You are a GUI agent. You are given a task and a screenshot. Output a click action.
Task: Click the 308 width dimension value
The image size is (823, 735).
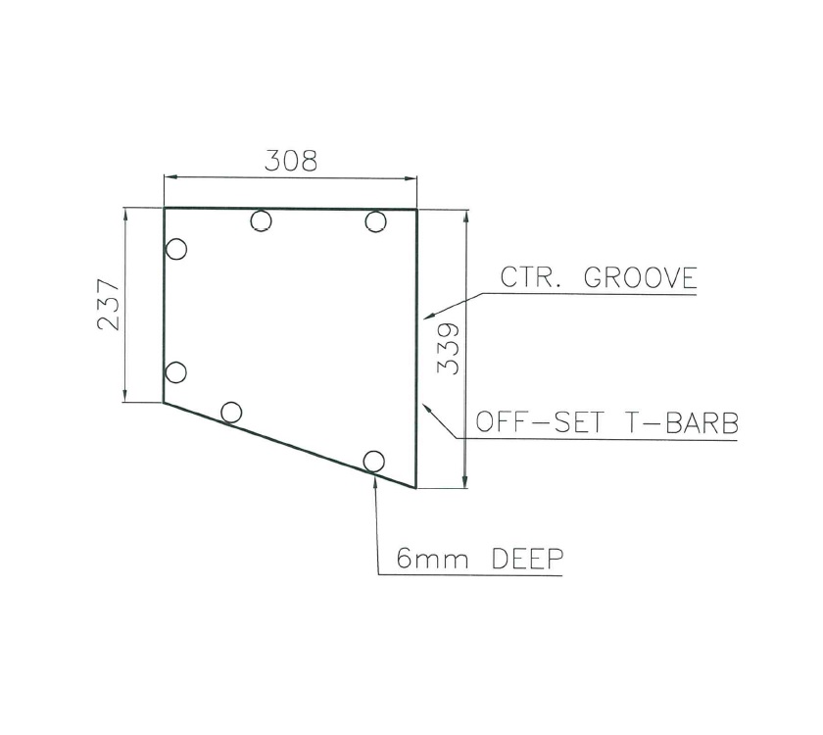coord(291,161)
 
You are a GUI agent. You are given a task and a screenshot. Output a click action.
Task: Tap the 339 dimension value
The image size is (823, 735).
coord(448,348)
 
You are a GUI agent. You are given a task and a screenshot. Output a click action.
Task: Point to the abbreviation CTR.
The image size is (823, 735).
coord(530,278)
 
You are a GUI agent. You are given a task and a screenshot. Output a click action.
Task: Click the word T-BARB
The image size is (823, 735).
coord(681,424)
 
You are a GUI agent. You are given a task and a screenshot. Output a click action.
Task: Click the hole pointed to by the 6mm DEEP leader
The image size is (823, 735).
coord(373,461)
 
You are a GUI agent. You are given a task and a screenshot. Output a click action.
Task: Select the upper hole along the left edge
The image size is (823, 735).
coord(176,249)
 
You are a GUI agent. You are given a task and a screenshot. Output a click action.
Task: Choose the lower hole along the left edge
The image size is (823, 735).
coord(176,372)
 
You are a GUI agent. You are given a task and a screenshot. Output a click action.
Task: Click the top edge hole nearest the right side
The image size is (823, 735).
coord(375,221)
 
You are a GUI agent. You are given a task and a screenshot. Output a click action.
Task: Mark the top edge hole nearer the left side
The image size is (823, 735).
coord(260,221)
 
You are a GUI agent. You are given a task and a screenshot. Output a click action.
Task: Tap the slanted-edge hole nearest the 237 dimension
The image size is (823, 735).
coord(231,412)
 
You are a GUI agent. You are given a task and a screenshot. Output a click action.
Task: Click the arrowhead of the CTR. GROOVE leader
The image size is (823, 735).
coord(422,318)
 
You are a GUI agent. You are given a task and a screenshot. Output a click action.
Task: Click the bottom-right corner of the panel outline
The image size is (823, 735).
coord(416,487)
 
